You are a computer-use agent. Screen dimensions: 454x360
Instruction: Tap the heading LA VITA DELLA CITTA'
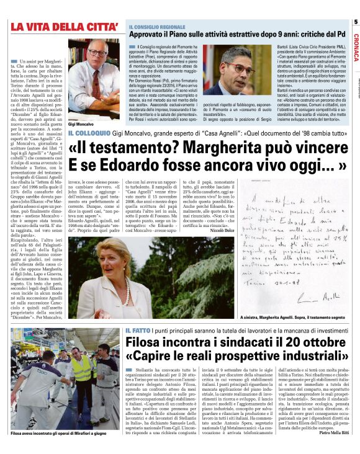click(65, 27)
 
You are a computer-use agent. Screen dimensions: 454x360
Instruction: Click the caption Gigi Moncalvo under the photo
click(84, 125)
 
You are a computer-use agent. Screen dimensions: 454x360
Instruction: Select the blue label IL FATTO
click(137, 331)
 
